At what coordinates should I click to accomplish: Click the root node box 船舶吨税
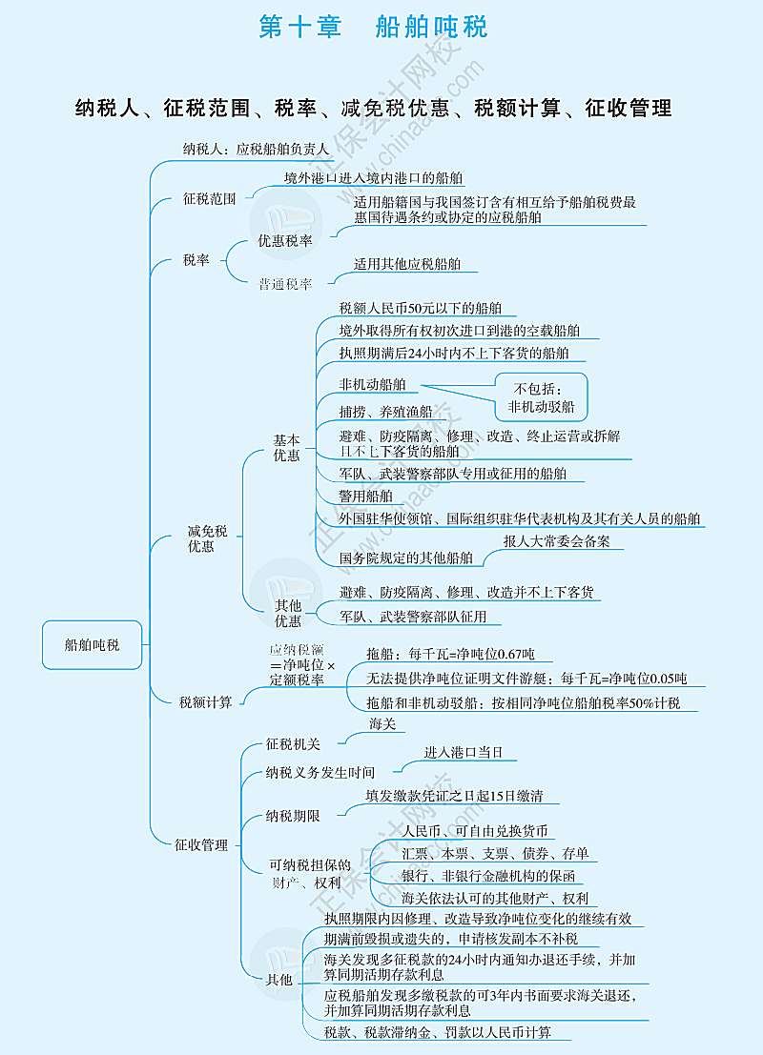click(93, 644)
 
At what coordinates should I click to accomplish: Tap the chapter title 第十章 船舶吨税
click(373, 27)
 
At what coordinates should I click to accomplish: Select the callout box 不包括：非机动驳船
click(541, 397)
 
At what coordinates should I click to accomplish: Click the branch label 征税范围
click(209, 199)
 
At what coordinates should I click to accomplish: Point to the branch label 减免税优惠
click(207, 538)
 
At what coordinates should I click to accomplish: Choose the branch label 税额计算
click(205, 702)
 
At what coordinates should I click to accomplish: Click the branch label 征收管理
click(201, 844)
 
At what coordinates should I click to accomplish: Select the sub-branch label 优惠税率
click(284, 241)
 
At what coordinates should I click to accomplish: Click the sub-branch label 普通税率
click(284, 283)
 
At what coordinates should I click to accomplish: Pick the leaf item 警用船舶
click(365, 496)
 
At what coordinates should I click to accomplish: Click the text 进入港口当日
click(464, 752)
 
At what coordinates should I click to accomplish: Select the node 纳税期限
click(293, 816)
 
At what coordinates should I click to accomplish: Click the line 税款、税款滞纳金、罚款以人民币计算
click(438, 1032)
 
